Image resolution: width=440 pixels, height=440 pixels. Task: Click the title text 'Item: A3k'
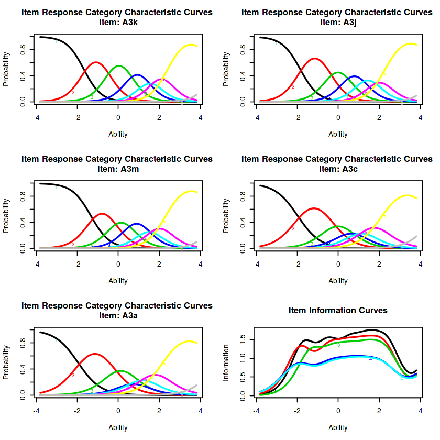[117, 22]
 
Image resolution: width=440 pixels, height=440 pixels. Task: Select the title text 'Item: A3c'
[337, 169]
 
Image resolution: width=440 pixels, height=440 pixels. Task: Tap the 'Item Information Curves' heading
[337, 311]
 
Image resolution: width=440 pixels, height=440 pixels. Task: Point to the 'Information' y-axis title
[226, 362]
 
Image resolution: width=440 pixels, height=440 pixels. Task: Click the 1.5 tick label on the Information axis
[243, 340]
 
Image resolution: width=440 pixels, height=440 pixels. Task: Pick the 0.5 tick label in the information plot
[243, 377]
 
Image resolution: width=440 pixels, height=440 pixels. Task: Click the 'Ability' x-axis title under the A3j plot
[337, 134]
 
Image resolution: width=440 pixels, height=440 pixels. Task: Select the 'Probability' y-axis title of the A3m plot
[6, 216]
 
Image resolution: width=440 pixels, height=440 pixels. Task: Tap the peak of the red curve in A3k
[96, 62]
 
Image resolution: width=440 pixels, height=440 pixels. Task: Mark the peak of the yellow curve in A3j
[412, 44]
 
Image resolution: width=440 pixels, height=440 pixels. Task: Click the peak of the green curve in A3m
[121, 223]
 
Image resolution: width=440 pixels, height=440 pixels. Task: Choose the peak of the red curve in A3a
[95, 354]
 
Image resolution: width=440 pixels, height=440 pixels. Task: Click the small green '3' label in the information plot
[338, 345]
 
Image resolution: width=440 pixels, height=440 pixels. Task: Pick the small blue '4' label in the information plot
[370, 359]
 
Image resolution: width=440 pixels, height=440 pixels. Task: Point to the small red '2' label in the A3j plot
[293, 87]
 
